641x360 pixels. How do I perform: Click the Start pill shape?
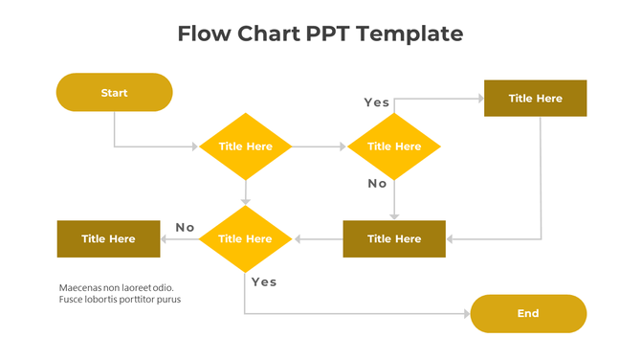pos(114,93)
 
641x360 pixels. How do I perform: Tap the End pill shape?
pos(528,313)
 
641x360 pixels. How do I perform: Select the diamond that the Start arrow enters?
pos(246,146)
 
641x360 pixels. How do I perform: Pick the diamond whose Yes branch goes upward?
pos(393,146)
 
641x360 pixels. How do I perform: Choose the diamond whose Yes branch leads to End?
pos(246,238)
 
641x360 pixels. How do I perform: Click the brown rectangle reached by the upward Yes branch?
pos(535,98)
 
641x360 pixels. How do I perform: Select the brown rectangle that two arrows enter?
pos(394,238)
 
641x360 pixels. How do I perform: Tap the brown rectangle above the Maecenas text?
pos(108,238)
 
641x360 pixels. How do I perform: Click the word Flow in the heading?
pos(207,34)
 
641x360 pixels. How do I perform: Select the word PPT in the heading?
pos(332,34)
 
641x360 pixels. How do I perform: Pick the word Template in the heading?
pos(412,34)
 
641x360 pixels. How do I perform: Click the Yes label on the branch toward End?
pos(264,281)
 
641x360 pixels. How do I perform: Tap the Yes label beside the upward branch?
pos(376,101)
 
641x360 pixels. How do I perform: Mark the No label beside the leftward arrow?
pos(185,227)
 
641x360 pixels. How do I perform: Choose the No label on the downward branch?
pos(377,183)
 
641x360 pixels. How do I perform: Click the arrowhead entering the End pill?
pos(466,314)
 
